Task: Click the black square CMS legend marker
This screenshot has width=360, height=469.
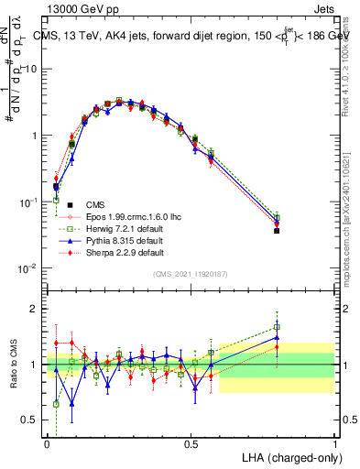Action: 65,204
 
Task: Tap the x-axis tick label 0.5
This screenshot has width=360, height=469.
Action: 191,444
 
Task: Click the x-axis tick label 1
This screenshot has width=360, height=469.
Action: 335,444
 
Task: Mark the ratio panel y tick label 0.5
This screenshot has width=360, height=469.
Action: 31,420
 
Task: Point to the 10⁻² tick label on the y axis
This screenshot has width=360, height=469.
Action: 29,268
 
